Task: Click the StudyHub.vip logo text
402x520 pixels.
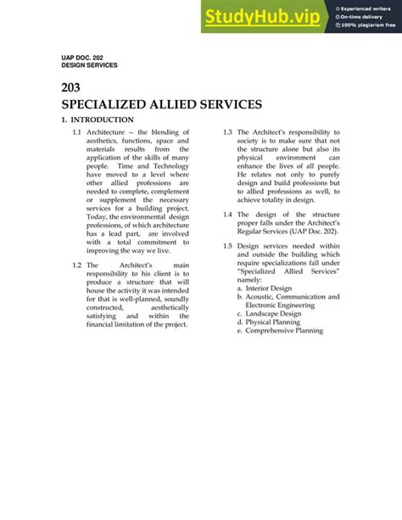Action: click(265, 15)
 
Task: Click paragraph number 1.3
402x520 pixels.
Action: click(228, 132)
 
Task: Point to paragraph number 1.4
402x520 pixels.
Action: click(228, 215)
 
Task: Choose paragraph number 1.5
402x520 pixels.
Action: click(228, 245)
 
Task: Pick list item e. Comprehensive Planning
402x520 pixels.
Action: click(280, 331)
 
